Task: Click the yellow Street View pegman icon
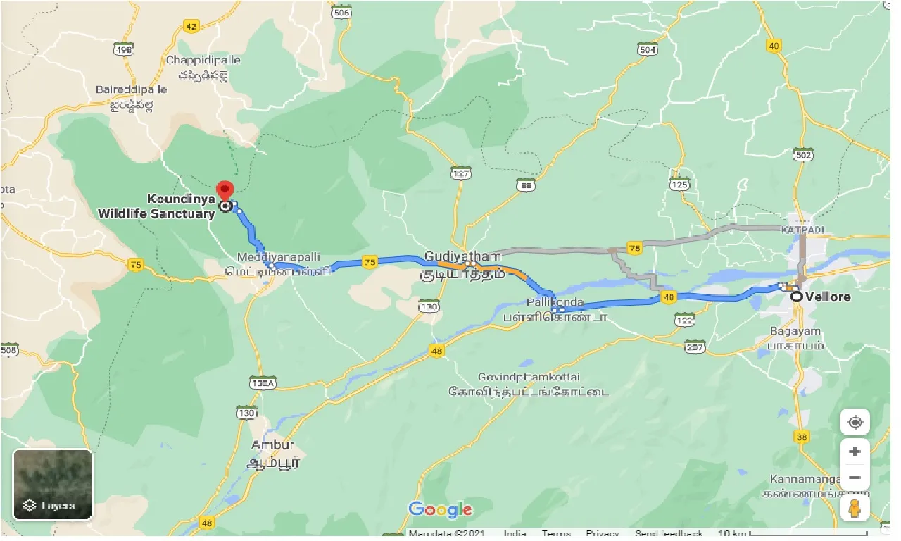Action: tap(855, 508)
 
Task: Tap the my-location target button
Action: tap(855, 423)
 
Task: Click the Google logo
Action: tap(440, 509)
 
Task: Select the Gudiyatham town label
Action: tap(462, 257)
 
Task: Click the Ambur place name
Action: tap(272, 445)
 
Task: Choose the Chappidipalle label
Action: tap(203, 60)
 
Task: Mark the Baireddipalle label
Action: tap(132, 89)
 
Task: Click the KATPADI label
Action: tap(802, 230)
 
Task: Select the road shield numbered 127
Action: tap(462, 173)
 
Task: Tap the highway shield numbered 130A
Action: tap(263, 383)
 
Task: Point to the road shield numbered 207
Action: tap(695, 347)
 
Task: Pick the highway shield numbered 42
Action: tap(191, 26)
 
